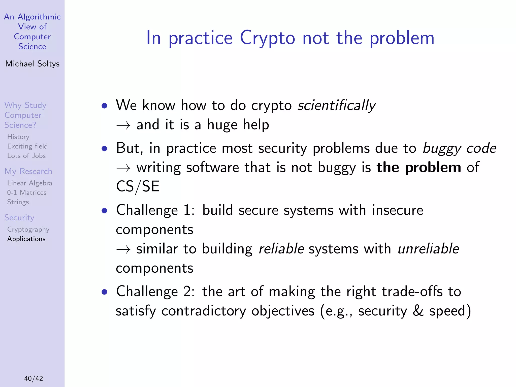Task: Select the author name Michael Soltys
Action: click(x=32, y=64)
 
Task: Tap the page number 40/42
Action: click(x=34, y=378)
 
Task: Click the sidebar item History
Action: click(x=18, y=137)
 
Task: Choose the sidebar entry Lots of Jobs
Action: click(x=26, y=156)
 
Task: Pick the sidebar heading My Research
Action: click(x=28, y=171)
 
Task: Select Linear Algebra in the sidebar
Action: click(x=30, y=183)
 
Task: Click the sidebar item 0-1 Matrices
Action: click(x=27, y=192)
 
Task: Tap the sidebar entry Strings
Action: click(x=18, y=202)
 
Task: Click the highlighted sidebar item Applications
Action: click(x=26, y=239)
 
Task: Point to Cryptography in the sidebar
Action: click(x=28, y=230)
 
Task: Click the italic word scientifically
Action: click(x=336, y=105)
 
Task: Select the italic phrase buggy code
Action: click(x=459, y=148)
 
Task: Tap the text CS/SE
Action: click(x=138, y=187)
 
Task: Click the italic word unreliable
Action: click(x=428, y=249)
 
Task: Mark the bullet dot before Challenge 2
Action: click(x=104, y=292)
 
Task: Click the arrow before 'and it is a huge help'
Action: click(x=123, y=125)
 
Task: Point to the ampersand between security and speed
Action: click(x=418, y=311)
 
